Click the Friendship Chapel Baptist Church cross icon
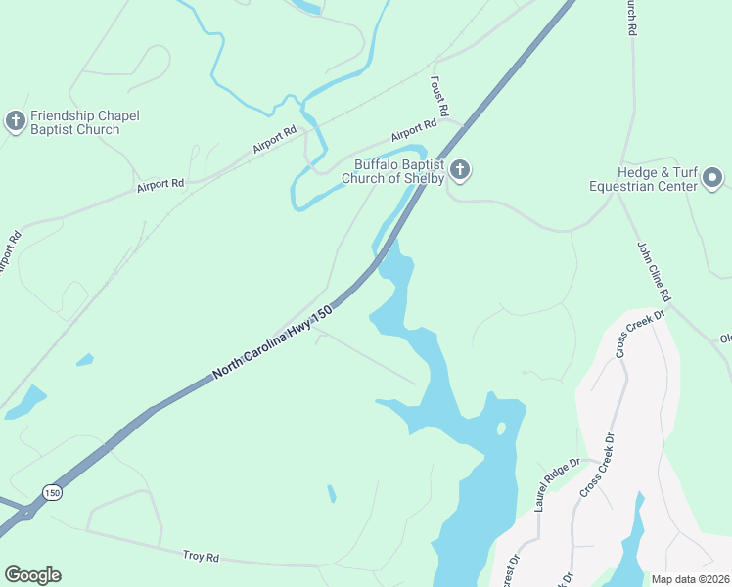click(x=15, y=121)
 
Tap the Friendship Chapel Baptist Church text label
click(x=84, y=122)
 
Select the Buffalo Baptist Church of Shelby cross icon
click(x=460, y=171)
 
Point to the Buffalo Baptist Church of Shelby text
click(x=393, y=171)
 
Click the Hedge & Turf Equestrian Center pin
click(x=712, y=178)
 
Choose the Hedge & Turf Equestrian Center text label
click(x=643, y=178)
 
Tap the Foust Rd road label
click(x=438, y=95)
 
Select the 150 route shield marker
click(x=52, y=492)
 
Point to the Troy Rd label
click(x=201, y=556)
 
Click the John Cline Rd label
click(x=654, y=271)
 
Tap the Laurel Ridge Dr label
click(x=558, y=484)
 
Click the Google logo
click(x=32, y=575)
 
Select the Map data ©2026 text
click(x=690, y=579)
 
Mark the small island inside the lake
click(x=501, y=428)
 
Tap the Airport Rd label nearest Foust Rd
click(x=413, y=130)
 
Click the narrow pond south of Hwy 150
click(x=331, y=493)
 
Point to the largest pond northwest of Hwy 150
click(x=24, y=402)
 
